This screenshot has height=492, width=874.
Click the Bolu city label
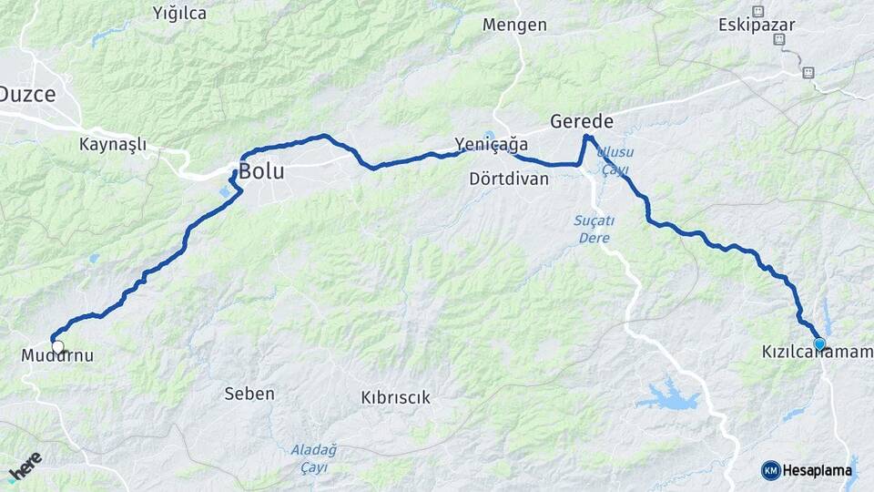(263, 171)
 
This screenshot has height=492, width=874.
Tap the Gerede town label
(581, 121)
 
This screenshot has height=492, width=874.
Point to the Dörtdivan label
(509, 179)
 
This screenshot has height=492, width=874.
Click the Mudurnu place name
(57, 356)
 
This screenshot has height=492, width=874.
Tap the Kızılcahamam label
(817, 351)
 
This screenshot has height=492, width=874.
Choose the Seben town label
(249, 394)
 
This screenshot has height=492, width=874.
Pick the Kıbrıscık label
(395, 397)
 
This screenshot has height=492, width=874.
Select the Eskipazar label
(756, 25)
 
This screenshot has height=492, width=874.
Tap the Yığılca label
(179, 13)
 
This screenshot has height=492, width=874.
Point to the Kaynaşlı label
(113, 144)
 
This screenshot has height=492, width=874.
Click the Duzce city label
(26, 94)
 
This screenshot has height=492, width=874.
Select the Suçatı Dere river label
(594, 229)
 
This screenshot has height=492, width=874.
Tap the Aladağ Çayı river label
(314, 458)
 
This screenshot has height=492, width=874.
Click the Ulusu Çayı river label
(616, 160)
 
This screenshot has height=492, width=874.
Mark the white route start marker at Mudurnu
(57, 345)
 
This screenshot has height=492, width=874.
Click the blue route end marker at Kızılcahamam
(819, 343)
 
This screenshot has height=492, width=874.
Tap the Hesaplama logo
(807, 470)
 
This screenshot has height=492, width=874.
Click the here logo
(25, 466)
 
